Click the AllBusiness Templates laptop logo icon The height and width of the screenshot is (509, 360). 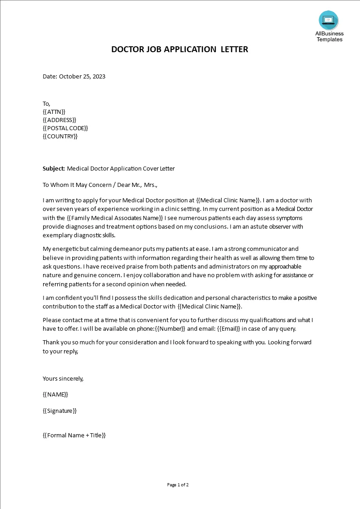[328, 20]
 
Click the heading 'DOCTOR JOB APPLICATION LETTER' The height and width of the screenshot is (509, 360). [180, 49]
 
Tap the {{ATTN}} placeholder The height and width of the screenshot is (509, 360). [54, 112]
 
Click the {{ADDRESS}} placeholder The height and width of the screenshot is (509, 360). [59, 120]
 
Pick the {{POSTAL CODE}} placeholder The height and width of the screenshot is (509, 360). [65, 128]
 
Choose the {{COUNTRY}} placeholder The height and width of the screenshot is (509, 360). [60, 137]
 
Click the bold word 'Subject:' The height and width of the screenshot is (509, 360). [54, 169]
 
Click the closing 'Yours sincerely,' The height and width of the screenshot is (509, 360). [63, 378]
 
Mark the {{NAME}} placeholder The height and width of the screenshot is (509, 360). [55, 395]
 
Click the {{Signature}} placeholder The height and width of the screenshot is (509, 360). [59, 411]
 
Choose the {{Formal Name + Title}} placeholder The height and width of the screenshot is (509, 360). [74, 435]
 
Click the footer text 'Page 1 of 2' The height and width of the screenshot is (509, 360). [178, 485]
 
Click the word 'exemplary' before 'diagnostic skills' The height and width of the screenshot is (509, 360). [57, 235]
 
